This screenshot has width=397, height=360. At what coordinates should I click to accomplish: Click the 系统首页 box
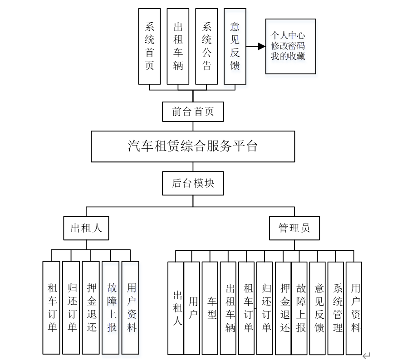(x=149, y=46)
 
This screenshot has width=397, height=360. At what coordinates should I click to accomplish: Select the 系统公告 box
(x=206, y=46)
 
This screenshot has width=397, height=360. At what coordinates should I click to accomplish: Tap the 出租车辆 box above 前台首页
(x=178, y=46)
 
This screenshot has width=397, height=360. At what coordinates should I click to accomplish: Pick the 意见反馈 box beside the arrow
(x=235, y=46)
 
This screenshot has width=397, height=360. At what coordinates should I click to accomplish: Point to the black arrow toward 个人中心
(x=256, y=46)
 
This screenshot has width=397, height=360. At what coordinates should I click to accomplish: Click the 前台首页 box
(x=193, y=112)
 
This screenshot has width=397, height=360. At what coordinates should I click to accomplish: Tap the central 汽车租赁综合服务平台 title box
(x=193, y=146)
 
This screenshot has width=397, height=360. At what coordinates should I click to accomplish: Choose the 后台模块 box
(x=193, y=183)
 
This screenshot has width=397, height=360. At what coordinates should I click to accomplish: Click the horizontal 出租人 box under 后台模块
(x=86, y=228)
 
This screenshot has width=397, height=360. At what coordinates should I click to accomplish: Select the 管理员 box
(x=294, y=228)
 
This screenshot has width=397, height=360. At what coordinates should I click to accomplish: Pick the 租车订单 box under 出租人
(x=51, y=307)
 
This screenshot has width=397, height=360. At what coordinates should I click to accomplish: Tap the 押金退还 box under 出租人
(x=91, y=307)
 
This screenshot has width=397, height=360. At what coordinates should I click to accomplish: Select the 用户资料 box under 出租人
(x=131, y=307)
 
